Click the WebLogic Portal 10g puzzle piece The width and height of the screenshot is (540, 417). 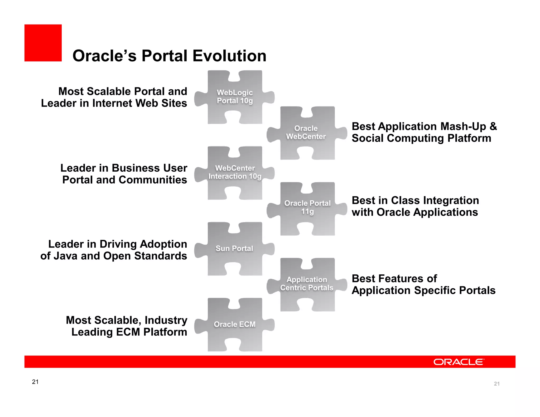[x=235, y=97]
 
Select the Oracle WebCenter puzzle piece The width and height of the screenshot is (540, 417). [x=307, y=133]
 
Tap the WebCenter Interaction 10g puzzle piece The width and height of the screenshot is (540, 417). [x=235, y=173]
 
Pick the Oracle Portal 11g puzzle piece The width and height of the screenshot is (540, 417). [x=307, y=208]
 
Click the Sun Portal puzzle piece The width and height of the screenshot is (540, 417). [x=234, y=249]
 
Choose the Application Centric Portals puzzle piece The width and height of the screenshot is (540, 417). [x=307, y=284]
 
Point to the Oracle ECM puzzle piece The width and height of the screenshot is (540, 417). [x=234, y=324]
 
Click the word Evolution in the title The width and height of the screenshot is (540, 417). [x=229, y=56]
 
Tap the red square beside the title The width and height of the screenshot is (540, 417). [x=43, y=43]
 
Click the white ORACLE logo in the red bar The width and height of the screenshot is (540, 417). [x=459, y=362]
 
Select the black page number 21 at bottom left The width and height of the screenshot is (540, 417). [x=35, y=382]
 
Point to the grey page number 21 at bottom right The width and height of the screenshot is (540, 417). [x=496, y=384]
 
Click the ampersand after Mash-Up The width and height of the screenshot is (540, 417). [x=493, y=127]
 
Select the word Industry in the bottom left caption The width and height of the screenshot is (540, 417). [x=166, y=320]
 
